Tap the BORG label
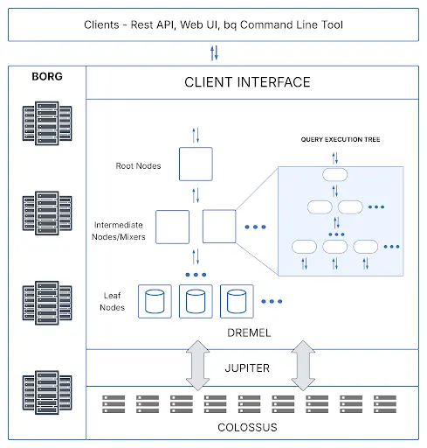pos(46,76)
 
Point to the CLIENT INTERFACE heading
pos(247,83)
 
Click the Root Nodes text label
pos(138,165)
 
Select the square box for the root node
pos(196,164)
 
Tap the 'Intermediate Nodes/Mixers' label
pos(123,230)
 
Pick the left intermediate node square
pos(172,226)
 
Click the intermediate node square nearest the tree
pos(219,226)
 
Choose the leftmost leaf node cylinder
pos(155,301)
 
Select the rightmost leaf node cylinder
pos(237,301)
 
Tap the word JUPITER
pos(247,367)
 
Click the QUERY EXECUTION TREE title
pos(341,139)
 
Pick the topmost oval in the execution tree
pos(335,174)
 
